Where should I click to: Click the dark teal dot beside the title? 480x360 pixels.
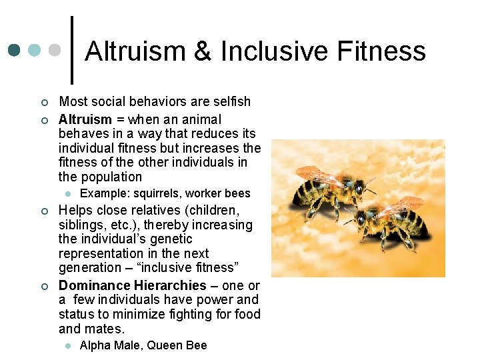(x=14, y=51)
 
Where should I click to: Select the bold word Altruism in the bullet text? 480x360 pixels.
(x=85, y=120)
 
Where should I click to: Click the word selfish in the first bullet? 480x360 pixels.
(x=229, y=102)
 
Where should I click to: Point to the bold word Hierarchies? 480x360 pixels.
(x=169, y=285)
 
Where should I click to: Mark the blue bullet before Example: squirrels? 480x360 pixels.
(x=67, y=193)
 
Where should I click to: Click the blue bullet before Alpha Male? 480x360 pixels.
(x=67, y=345)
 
